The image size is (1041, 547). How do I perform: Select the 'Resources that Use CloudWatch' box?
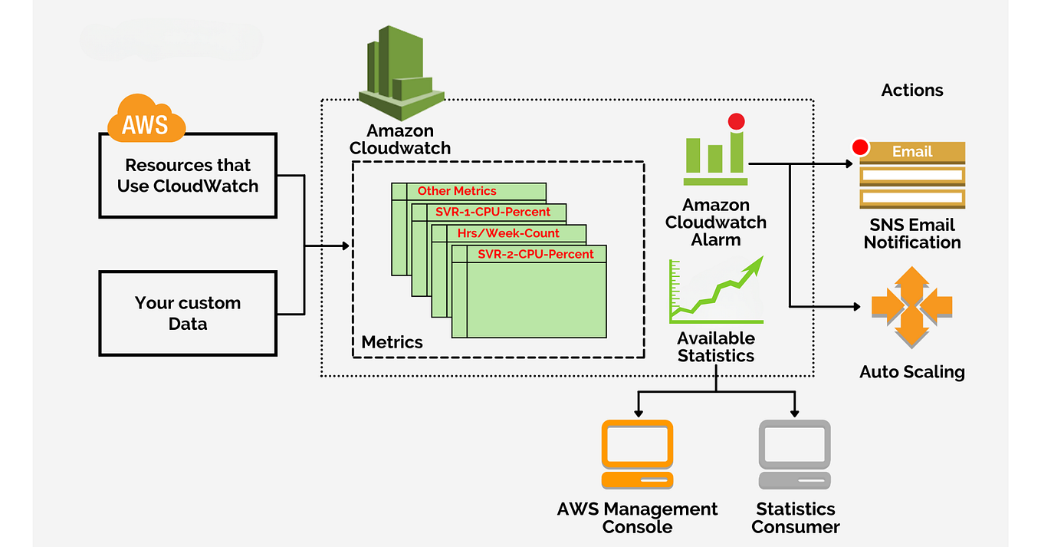click(x=188, y=176)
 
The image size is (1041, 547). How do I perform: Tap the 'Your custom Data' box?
click(x=188, y=313)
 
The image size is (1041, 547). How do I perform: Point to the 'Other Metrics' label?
click(x=457, y=191)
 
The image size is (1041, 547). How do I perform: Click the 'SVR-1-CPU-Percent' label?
click(x=493, y=212)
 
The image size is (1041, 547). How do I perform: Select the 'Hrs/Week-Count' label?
click(x=508, y=233)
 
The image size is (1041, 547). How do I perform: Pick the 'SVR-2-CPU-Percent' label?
click(x=535, y=254)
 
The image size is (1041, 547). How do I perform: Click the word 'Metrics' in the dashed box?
click(x=392, y=342)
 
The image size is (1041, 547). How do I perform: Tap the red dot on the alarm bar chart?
click(x=737, y=121)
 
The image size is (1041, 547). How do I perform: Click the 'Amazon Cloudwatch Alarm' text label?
click(x=715, y=222)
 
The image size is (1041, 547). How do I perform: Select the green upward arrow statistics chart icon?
click(x=716, y=291)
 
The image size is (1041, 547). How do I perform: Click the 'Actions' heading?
click(x=912, y=91)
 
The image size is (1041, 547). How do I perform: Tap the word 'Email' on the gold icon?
click(x=912, y=152)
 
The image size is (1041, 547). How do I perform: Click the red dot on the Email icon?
click(x=861, y=147)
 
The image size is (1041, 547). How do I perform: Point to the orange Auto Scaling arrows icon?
click(x=911, y=307)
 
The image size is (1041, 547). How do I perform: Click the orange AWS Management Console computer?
click(x=637, y=454)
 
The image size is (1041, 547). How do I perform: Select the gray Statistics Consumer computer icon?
click(x=794, y=454)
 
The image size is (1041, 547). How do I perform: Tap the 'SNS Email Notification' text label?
click(x=912, y=234)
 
